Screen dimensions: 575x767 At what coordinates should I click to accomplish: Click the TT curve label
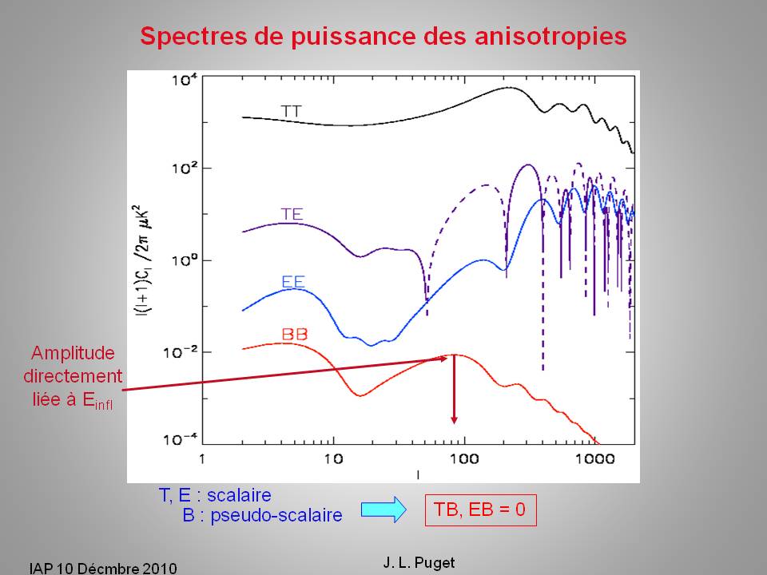click(291, 110)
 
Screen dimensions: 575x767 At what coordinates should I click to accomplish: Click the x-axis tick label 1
click(204, 460)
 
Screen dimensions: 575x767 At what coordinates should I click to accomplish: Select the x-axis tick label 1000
click(592, 460)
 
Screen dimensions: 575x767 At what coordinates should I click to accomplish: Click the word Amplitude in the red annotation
click(73, 353)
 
